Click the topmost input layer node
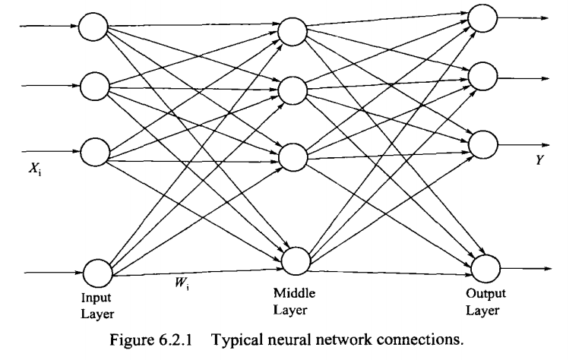[x=95, y=28]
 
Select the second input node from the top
[x=95, y=86]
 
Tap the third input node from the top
[x=95, y=150]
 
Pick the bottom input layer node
[x=98, y=271]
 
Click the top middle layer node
[x=292, y=32]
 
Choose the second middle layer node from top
[x=292, y=90]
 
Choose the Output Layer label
[x=484, y=300]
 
